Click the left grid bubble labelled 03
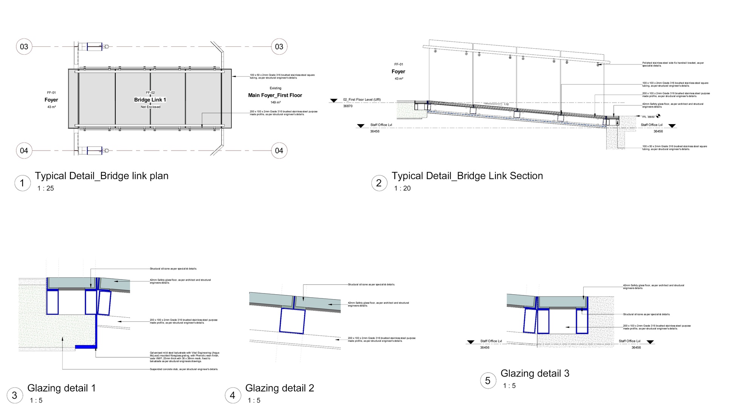24,47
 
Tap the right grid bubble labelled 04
279,151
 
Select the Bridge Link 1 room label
150,100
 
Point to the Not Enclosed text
150,107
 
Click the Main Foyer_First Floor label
275,95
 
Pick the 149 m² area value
276,103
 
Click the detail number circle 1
22,183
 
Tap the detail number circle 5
488,381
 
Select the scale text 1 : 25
46,189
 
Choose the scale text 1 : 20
402,189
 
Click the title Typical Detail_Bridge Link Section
467,176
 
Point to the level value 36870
348,106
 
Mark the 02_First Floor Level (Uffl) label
362,100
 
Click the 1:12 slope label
506,104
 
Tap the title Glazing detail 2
279,388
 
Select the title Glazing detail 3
535,373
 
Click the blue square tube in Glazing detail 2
292,321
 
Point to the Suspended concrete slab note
184,369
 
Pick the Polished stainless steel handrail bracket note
673,65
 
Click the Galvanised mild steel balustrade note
184,357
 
